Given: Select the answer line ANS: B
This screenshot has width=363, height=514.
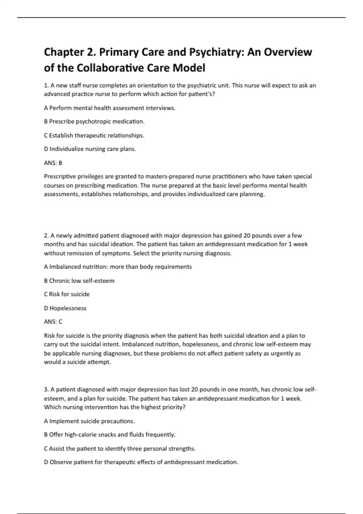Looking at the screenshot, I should tap(53, 163).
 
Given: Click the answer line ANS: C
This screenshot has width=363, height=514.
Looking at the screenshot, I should tap(53, 322).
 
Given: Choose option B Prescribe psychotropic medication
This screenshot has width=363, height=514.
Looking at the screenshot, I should tap(94, 122).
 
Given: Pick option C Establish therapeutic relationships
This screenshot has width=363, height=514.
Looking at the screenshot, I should tap(94, 135).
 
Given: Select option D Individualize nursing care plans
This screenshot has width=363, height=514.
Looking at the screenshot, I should tap(90, 149).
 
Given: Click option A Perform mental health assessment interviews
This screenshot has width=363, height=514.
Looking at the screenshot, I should tap(110, 108).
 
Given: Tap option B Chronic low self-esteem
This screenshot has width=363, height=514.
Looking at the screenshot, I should tap(79, 281).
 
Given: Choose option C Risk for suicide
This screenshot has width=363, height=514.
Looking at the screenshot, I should tap(67, 294).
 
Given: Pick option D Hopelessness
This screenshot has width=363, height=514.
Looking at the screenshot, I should tap(65, 308).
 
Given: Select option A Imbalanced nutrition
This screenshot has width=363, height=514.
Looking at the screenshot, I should tap(118, 267).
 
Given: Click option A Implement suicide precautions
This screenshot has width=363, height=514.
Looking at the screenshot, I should tap(89, 421).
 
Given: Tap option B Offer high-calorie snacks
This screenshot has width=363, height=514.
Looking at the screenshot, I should tap(110, 435).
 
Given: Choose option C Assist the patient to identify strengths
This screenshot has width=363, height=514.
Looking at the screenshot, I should tap(119, 449).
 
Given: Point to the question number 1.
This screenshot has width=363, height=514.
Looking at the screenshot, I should tap(46, 86).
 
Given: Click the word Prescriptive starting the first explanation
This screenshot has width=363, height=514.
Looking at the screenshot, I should tap(59, 177).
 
